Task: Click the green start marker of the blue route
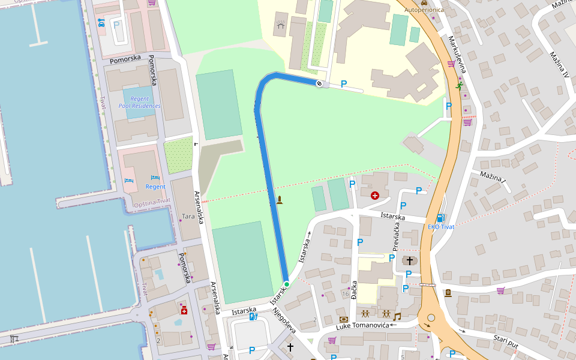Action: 287,284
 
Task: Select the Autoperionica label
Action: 424,10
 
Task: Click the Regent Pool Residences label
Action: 139,102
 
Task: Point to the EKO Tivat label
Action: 440,227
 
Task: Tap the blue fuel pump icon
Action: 441,218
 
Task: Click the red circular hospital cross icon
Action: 375,195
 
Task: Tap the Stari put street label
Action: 505,342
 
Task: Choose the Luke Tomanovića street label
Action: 363,326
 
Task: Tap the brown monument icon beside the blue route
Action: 279,199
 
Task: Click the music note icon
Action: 396,316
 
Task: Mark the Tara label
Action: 188,216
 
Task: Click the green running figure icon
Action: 459,86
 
